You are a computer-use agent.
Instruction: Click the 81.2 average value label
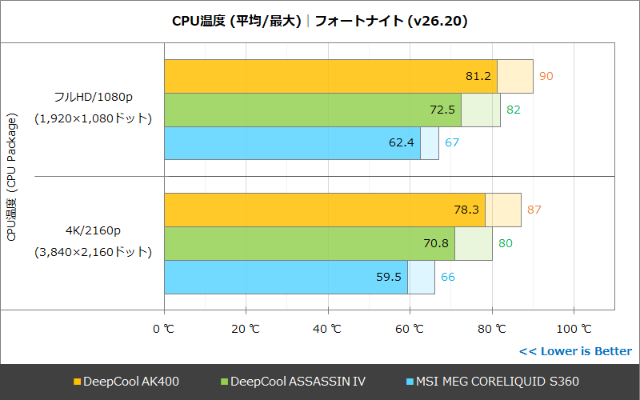pos(478,76)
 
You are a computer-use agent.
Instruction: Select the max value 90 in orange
pos(546,76)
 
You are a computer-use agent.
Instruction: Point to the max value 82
pos(513,110)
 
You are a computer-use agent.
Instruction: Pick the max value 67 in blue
pos(451,143)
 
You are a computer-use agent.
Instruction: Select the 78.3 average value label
pos(466,210)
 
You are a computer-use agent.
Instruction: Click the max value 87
pos(534,210)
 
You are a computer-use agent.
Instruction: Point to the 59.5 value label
pos(389,277)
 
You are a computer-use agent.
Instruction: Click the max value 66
pos(448,277)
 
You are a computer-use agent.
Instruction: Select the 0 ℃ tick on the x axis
pos(163,329)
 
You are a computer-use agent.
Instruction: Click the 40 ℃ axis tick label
pos(327,329)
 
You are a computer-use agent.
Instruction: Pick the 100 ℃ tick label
pos(573,329)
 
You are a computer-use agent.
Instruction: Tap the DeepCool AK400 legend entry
pos(126,382)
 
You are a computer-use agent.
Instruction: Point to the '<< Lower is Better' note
pos(574,351)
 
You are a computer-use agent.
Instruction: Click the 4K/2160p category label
pos(93,231)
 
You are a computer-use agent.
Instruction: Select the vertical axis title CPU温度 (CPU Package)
pos(11,176)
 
